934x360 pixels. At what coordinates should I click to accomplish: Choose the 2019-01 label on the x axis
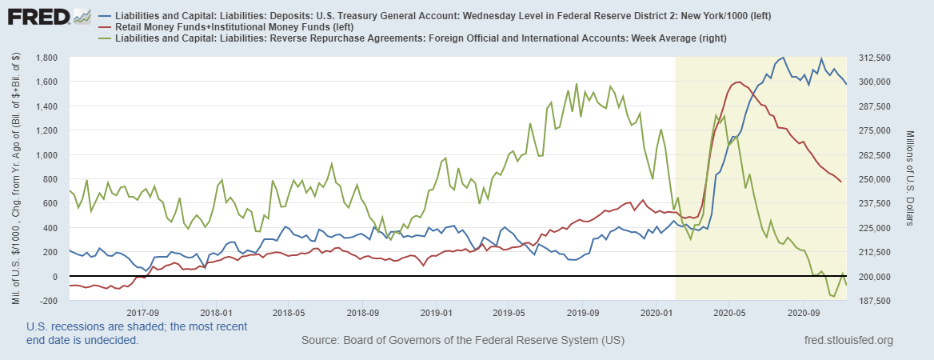[437, 312]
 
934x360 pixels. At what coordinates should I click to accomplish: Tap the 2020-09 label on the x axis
[802, 312]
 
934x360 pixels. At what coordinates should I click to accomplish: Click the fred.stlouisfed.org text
[847, 341]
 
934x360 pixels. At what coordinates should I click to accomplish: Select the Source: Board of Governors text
[462, 341]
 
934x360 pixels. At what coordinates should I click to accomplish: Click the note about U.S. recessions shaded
[137, 333]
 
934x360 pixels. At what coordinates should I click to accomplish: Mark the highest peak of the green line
[577, 83]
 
